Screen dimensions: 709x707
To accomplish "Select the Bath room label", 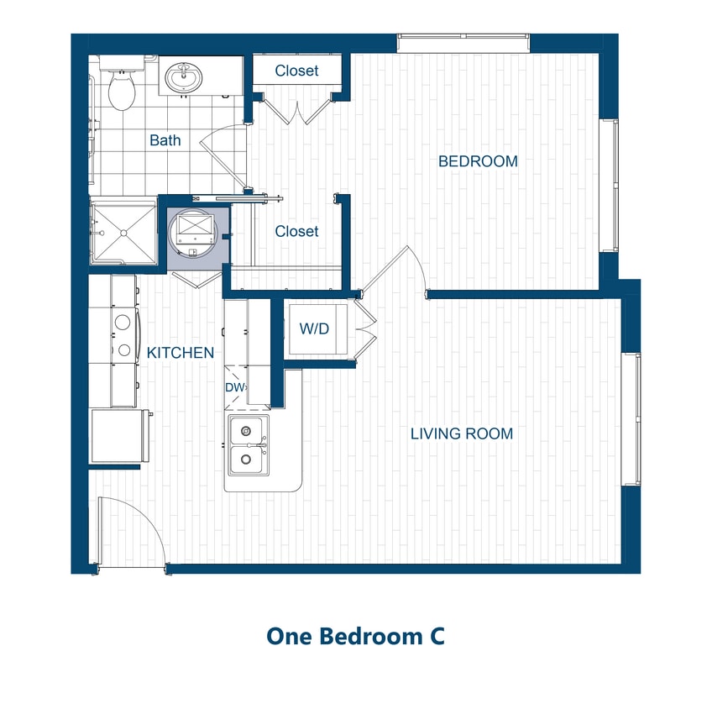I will pos(165,140).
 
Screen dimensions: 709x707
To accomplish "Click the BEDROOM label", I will pos(478,161).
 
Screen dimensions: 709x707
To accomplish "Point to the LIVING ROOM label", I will pos(461,434).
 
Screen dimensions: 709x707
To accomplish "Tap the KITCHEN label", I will pos(181,353).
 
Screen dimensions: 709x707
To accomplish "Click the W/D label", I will pos(314,328).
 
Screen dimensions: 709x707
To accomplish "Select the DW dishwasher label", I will pos(233,387).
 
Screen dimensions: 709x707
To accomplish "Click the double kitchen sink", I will pos(247,444).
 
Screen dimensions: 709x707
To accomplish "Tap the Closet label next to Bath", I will pos(296,71).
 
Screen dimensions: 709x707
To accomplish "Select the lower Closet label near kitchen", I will pos(296,231).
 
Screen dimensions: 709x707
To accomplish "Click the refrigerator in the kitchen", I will pos(119,435).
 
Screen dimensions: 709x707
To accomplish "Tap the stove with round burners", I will pos(123,333).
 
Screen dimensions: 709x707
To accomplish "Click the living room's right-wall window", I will pos(631,419).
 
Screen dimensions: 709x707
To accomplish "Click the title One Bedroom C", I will pos(355,636).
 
